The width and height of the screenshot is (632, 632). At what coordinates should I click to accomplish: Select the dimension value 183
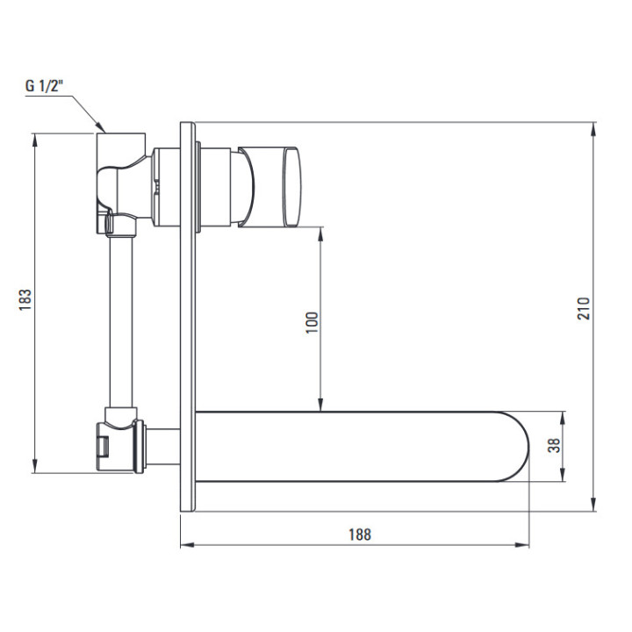25,301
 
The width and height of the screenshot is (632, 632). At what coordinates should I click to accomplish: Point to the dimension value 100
311,321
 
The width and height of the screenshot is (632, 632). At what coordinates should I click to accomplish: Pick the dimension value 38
552,445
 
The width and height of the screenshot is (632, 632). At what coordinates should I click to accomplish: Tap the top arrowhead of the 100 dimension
321,232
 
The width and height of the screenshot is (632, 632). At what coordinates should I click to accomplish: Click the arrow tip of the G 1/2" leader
104,131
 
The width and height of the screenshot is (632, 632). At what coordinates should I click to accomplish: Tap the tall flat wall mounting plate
187,316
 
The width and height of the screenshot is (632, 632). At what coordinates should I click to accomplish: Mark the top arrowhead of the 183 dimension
36,139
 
